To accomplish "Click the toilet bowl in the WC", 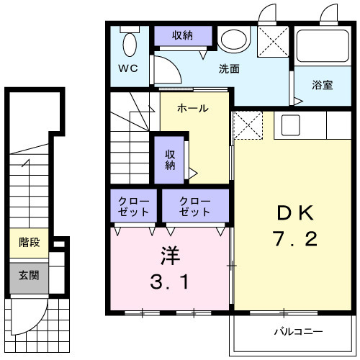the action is (x=130, y=45).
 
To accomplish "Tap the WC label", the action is (x=128, y=68).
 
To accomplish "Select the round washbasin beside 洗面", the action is (x=234, y=40).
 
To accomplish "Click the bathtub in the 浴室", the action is (x=323, y=46).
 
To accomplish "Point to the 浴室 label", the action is (x=323, y=85).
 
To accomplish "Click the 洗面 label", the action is (x=229, y=69).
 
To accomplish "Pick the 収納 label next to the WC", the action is (x=182, y=35).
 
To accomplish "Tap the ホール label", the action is (x=193, y=109).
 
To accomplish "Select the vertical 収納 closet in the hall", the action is (x=169, y=160).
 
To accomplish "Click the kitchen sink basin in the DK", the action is (x=291, y=125).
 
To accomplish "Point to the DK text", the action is (x=295, y=212).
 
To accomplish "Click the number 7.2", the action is (x=295, y=238).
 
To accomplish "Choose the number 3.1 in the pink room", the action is (x=170, y=282).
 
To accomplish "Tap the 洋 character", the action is (x=170, y=256).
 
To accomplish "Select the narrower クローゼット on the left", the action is (x=134, y=206).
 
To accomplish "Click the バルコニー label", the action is (x=298, y=332).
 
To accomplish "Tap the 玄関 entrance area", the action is (x=29, y=278).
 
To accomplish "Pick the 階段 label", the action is (x=30, y=242).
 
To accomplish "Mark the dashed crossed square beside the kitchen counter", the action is (x=248, y=125).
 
